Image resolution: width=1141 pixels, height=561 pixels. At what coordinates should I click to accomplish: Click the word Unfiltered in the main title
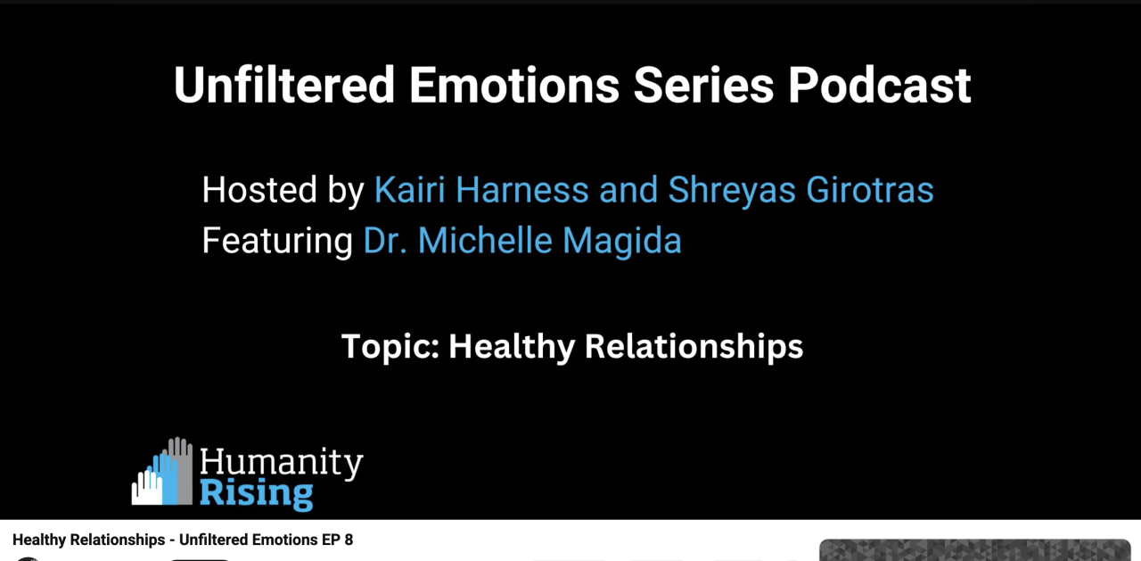pyautogui.click(x=284, y=85)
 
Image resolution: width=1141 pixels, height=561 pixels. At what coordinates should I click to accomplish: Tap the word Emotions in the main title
pyautogui.click(x=514, y=85)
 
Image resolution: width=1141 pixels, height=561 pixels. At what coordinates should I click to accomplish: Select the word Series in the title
pyautogui.click(x=703, y=85)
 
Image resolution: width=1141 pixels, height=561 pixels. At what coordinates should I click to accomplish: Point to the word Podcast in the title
pyautogui.click(x=880, y=85)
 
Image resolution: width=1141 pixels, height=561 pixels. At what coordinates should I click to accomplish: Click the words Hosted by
pyautogui.click(x=283, y=191)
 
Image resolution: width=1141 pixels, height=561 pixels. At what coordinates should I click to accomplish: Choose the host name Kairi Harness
pyautogui.click(x=481, y=190)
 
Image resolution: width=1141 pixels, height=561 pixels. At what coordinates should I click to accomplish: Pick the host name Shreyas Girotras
pyautogui.click(x=800, y=191)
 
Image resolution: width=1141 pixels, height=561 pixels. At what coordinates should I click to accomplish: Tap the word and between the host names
pyautogui.click(x=628, y=190)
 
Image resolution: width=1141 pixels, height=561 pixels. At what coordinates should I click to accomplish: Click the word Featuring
pyautogui.click(x=277, y=242)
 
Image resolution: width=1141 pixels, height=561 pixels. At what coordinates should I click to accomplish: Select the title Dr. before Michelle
pyautogui.click(x=385, y=241)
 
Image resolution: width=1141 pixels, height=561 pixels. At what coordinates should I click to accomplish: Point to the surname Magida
pyautogui.click(x=622, y=242)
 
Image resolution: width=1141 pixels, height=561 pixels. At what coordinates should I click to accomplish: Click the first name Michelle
pyautogui.click(x=485, y=240)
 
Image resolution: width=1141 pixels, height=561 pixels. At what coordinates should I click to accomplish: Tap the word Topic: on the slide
pyautogui.click(x=390, y=347)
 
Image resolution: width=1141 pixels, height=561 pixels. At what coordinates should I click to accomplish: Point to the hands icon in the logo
pyautogui.click(x=162, y=471)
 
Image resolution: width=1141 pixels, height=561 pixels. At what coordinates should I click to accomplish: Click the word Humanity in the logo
pyautogui.click(x=281, y=463)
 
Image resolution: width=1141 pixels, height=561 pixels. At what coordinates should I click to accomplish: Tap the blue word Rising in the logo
pyautogui.click(x=256, y=494)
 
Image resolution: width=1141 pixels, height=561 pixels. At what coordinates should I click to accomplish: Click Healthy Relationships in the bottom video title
pyautogui.click(x=88, y=540)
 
